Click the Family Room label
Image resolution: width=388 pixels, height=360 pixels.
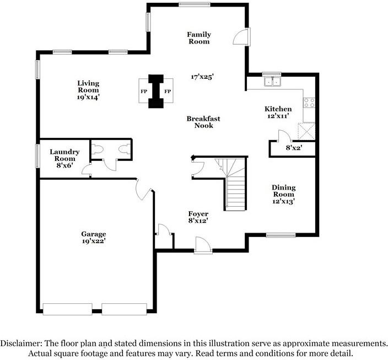pyautogui.click(x=199, y=38)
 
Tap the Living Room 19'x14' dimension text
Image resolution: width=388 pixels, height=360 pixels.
pyautogui.click(x=88, y=97)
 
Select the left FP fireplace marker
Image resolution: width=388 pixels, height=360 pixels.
pyautogui.click(x=144, y=92)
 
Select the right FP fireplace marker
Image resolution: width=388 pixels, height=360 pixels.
pyautogui.click(x=168, y=92)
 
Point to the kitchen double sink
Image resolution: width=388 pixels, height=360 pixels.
pyautogui.click(x=272, y=81)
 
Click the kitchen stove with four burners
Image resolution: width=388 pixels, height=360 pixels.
pyautogui.click(x=309, y=103)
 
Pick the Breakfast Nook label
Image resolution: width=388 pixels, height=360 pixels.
pyautogui.click(x=203, y=122)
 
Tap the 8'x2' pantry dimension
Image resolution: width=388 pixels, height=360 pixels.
pyautogui.click(x=294, y=148)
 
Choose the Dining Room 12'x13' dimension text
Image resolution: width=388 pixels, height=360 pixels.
pyautogui.click(x=284, y=201)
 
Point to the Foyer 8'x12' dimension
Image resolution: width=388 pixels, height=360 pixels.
pyautogui.click(x=198, y=221)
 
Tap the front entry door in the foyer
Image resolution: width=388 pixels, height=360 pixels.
pyautogui.click(x=203, y=245)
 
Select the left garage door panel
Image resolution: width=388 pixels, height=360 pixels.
pyautogui.click(x=68, y=309)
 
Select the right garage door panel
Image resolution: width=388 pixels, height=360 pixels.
pyautogui.click(x=124, y=309)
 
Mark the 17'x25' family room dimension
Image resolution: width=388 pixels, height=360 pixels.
pyautogui.click(x=202, y=77)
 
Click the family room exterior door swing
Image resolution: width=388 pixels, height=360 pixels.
pyautogui.click(x=240, y=37)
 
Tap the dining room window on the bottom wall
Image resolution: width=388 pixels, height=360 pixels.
pyautogui.click(x=281, y=235)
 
